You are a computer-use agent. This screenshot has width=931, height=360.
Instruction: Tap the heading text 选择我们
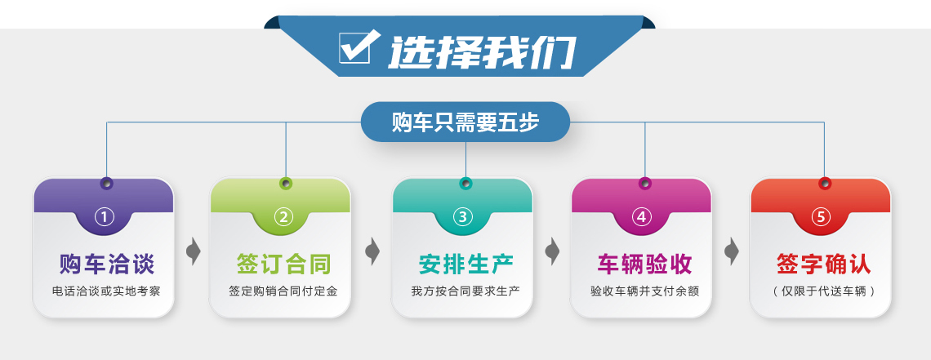(x=482, y=51)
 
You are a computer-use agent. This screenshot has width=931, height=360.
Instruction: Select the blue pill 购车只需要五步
(x=465, y=122)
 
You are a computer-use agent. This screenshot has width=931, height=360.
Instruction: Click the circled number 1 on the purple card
(x=105, y=217)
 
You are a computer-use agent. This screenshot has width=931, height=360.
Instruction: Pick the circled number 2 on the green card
(x=283, y=217)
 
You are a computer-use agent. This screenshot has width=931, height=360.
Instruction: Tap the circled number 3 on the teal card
(x=462, y=217)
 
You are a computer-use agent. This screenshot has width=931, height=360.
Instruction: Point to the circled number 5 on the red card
(x=821, y=217)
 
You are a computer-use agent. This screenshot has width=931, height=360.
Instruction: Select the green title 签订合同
(x=284, y=264)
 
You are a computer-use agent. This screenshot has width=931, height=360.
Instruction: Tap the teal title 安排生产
(x=466, y=264)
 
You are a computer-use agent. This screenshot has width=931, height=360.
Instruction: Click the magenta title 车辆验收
(x=645, y=264)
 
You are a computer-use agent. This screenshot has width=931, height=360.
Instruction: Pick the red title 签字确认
(x=824, y=264)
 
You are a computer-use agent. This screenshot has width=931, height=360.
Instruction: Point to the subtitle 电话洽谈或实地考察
(x=106, y=291)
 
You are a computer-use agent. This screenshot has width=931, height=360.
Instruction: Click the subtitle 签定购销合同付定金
(x=283, y=291)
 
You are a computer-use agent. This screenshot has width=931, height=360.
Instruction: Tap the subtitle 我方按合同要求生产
(x=465, y=291)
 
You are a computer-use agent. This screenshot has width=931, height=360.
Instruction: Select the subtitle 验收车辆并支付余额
(x=645, y=291)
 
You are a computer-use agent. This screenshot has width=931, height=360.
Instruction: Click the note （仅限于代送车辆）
(x=824, y=291)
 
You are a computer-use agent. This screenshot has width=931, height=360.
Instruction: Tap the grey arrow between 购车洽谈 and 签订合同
(x=194, y=251)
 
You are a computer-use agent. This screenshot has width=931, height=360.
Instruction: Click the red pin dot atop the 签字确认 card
(x=825, y=183)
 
